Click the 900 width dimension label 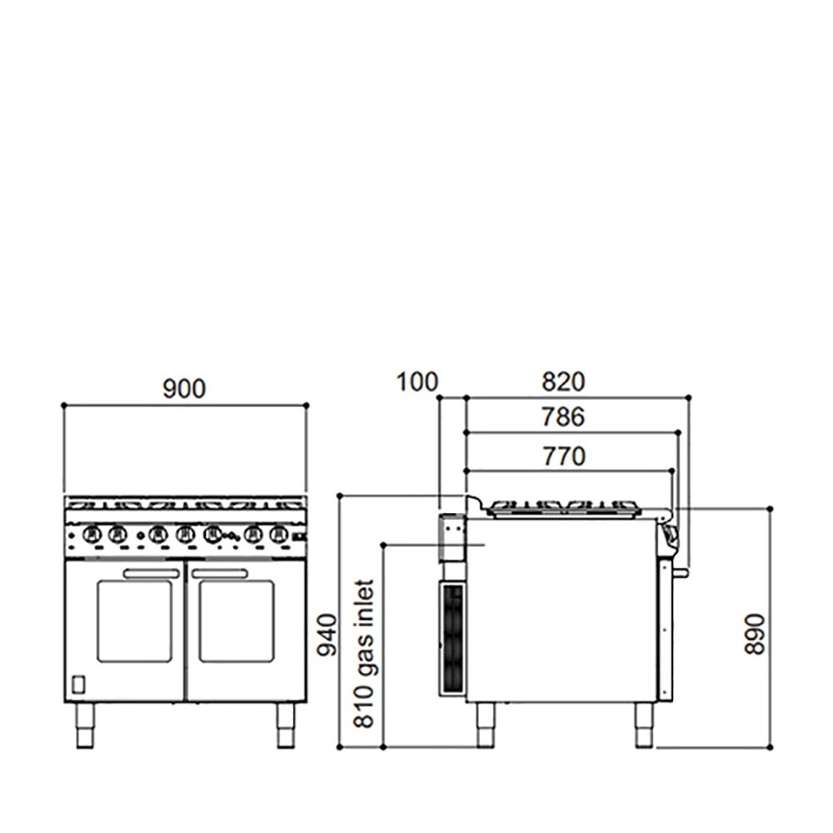pyautogui.click(x=184, y=388)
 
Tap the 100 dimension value pyautogui.click(x=416, y=382)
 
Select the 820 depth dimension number pyautogui.click(x=564, y=382)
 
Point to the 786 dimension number pyautogui.click(x=563, y=416)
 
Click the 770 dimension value pyautogui.click(x=563, y=456)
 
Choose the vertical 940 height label pyautogui.click(x=329, y=636)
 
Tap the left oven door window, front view pyautogui.click(x=134, y=621)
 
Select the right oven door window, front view pyautogui.click(x=237, y=621)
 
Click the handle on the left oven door pyautogui.click(x=152, y=573)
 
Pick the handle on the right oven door pyautogui.click(x=219, y=573)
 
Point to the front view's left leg pyautogui.click(x=85, y=725)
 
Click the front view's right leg pyautogui.click(x=286, y=725)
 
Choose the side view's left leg pyautogui.click(x=483, y=725)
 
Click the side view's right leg pyautogui.click(x=644, y=725)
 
